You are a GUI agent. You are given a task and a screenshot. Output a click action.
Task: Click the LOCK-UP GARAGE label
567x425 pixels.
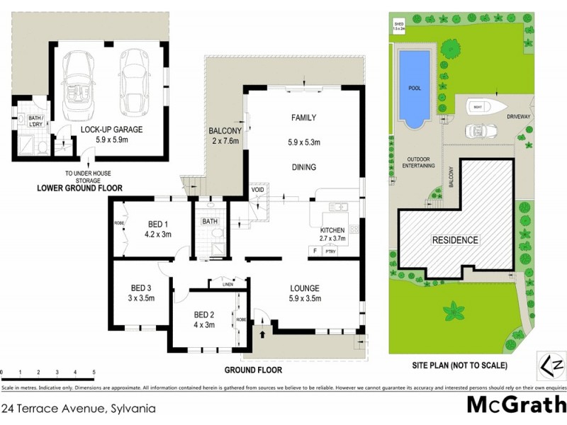click(112, 130)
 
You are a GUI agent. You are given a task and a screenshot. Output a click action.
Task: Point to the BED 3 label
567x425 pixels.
click(141, 288)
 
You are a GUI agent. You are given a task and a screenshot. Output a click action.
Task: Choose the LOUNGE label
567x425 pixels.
click(305, 288)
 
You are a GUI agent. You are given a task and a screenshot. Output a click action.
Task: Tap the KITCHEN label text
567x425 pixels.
click(332, 230)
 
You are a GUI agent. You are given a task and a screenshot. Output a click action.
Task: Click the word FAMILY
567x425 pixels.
click(303, 118)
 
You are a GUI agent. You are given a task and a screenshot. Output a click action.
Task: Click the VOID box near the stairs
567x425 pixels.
click(257, 190)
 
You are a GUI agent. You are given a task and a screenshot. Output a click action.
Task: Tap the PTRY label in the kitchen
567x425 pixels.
click(330, 251)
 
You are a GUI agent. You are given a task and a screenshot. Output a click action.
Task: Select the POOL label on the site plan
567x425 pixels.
click(415, 89)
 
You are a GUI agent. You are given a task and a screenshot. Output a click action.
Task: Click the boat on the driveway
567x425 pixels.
click(483, 107)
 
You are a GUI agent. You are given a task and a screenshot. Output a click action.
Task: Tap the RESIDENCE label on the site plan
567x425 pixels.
click(455, 239)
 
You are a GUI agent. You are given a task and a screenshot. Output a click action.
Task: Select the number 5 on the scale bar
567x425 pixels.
click(94, 371)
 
